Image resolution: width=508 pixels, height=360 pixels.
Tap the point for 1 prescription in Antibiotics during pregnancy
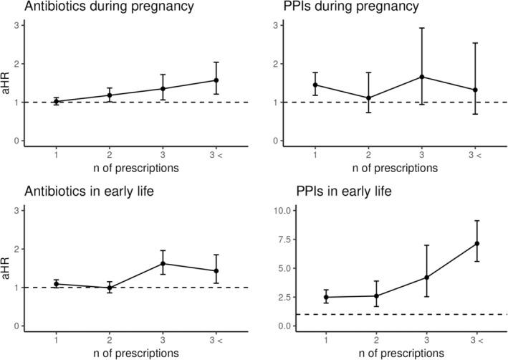(x=56, y=102)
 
